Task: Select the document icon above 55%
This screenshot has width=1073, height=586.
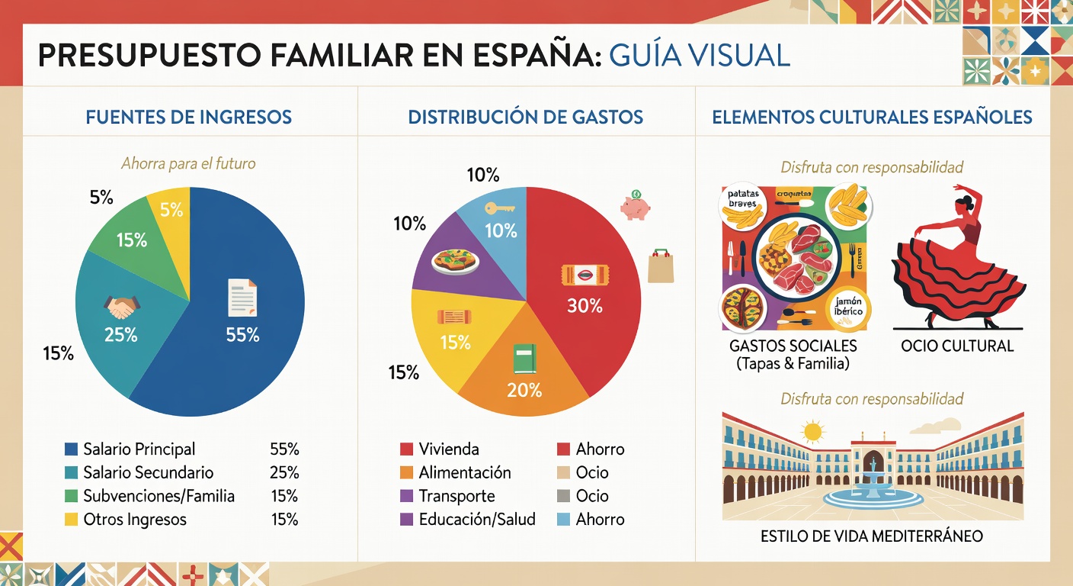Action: click(242, 298)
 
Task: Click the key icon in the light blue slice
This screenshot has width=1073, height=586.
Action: click(499, 208)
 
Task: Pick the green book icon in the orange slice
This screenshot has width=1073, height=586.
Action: click(524, 359)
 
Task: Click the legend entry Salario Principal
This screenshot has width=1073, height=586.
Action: click(139, 449)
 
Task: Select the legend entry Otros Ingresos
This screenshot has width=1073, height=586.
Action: click(134, 520)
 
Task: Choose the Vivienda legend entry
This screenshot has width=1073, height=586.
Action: click(449, 449)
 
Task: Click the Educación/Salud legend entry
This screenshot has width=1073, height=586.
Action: click(476, 520)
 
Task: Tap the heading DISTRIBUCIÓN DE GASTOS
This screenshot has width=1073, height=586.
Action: click(525, 118)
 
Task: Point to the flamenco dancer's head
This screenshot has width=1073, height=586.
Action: click(966, 203)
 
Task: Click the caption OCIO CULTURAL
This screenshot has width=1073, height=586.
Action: click(957, 346)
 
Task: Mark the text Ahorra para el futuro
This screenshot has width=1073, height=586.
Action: click(188, 163)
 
